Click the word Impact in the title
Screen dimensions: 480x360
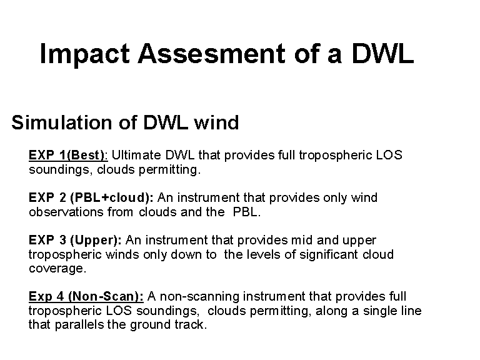84,54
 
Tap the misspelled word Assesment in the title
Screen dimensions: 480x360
211,53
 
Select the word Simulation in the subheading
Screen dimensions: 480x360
62,122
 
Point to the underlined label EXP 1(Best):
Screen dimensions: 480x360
68,155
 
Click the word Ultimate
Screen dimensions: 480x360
136,155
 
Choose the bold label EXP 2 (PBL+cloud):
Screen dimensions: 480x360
91,197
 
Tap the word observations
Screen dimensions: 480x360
66,212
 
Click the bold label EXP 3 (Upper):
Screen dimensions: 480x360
75,240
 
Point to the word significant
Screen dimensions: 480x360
329,254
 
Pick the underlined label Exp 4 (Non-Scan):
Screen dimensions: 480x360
86,296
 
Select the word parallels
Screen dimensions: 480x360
79,324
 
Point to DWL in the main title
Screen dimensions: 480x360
382,53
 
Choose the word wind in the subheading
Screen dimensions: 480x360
216,122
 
